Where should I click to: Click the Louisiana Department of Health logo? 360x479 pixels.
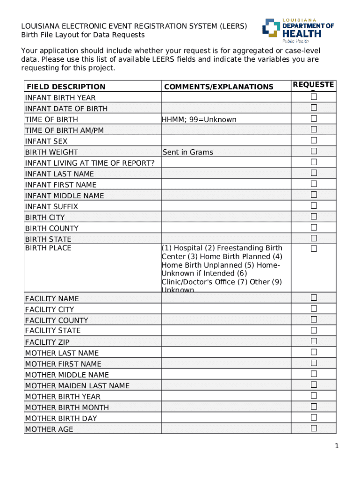pyautogui.click(x=298, y=30)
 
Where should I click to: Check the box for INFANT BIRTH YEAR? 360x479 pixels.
pyautogui.click(x=314, y=97)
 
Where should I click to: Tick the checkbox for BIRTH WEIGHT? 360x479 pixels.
pyautogui.click(x=314, y=151)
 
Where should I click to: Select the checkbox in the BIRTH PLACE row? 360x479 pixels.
pyautogui.click(x=314, y=249)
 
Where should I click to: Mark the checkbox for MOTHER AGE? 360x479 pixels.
pyautogui.click(x=314, y=428)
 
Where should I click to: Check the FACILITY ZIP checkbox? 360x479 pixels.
pyautogui.click(x=314, y=341)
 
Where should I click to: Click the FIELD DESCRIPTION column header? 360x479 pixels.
pyautogui.click(x=66, y=87)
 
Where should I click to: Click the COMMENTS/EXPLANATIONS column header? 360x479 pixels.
pyautogui.click(x=218, y=87)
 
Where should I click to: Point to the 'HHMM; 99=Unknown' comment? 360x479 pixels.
pyautogui.click(x=199, y=119)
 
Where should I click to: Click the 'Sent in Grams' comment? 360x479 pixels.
pyautogui.click(x=187, y=152)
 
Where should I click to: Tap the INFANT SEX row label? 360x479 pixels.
pyautogui.click(x=46, y=141)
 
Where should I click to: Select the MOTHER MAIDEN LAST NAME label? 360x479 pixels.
pyautogui.click(x=77, y=385)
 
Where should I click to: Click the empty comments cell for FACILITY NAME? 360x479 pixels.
pyautogui.click(x=226, y=298)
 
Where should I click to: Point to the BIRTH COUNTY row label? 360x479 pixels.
pyautogui.click(x=51, y=228)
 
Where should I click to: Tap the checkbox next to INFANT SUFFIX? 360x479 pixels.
pyautogui.click(x=314, y=205)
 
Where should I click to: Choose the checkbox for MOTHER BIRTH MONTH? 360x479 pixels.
pyautogui.click(x=314, y=406)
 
